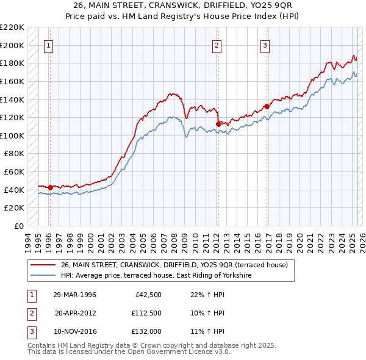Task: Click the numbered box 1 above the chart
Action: pos(48,45)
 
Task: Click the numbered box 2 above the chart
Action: pos(217,45)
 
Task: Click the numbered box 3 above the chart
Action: pos(265,45)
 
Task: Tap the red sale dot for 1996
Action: pos(50,187)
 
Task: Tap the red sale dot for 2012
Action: pos(218,124)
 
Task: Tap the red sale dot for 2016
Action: pos(267,106)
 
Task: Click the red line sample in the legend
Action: pos(43,264)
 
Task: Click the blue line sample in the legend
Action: pos(43,275)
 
